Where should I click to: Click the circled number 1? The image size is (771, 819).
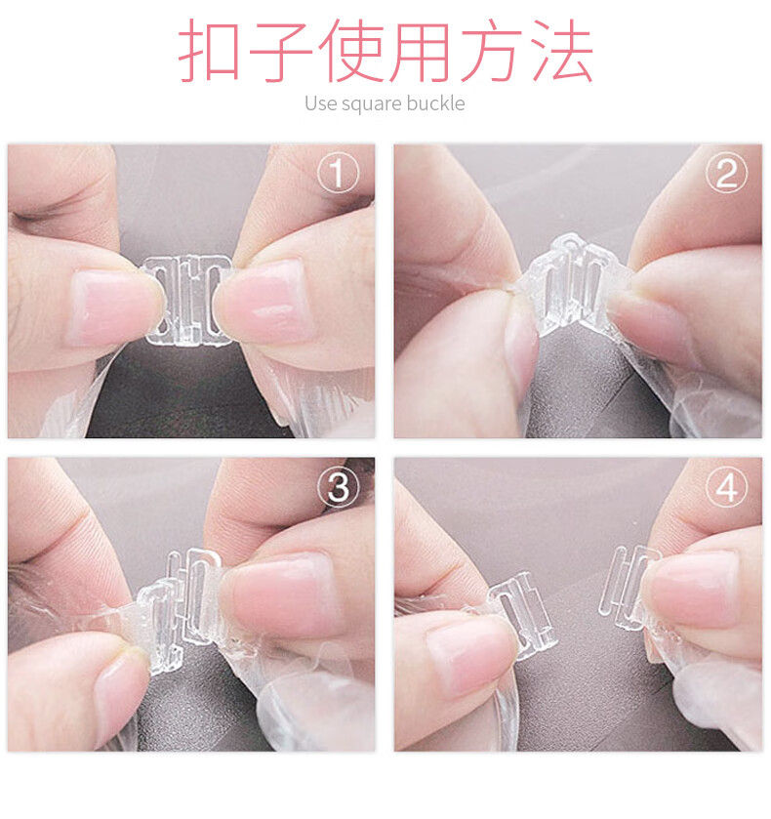[x=339, y=174]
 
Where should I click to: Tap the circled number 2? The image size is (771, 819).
[x=726, y=174]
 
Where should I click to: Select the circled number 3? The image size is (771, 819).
[x=339, y=487]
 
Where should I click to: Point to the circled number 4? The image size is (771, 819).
[x=726, y=487]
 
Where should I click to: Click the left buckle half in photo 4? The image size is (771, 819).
[x=522, y=615]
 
